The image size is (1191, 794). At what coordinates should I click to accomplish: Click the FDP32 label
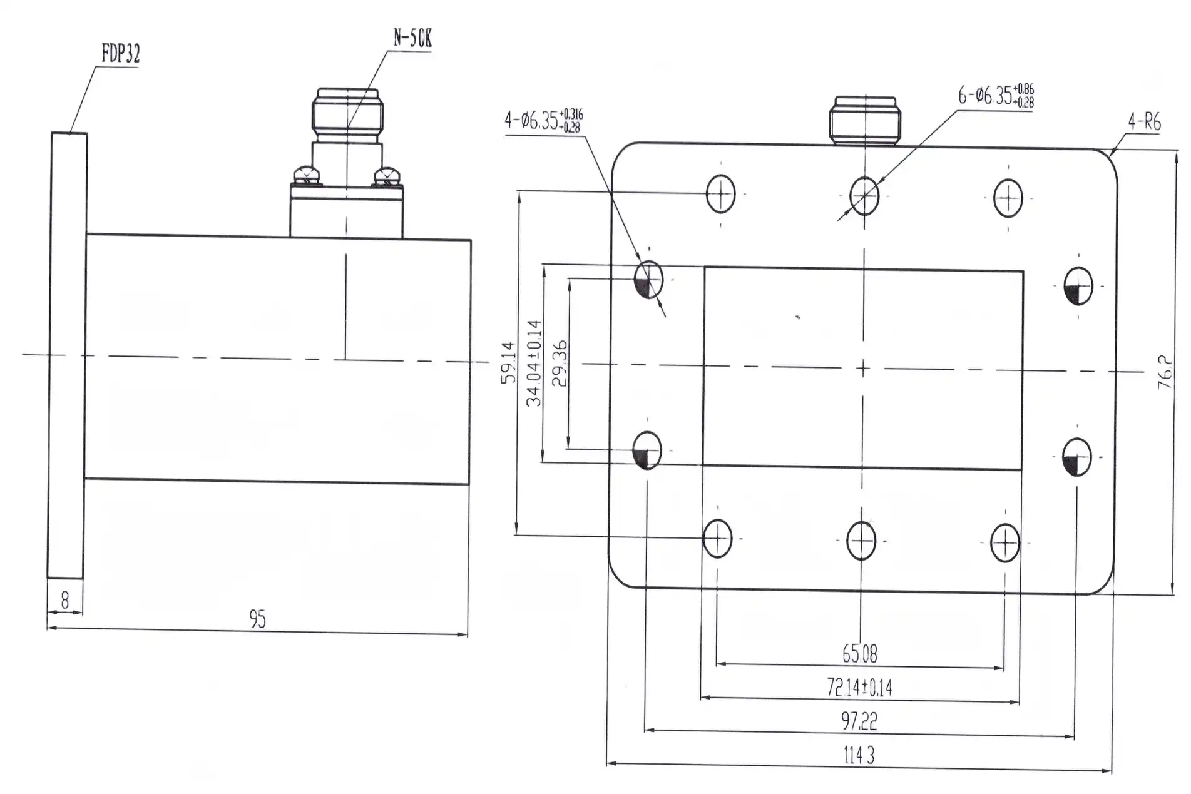tap(120, 54)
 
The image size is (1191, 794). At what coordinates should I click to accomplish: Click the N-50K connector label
tap(412, 39)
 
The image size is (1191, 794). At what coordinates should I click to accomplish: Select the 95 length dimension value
tap(257, 619)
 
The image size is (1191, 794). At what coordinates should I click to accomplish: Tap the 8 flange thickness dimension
tap(65, 601)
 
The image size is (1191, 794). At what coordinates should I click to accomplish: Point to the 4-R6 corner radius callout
tap(1144, 122)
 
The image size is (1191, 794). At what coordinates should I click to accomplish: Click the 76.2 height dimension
tap(1164, 372)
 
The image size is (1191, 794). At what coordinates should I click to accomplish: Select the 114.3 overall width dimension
tap(859, 756)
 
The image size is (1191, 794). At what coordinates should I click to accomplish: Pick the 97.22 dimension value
tap(859, 721)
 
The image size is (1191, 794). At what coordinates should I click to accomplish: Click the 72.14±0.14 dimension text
tap(859, 688)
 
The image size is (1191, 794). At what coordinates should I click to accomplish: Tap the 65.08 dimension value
tap(860, 654)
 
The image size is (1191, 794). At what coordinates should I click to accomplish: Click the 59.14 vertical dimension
tap(508, 362)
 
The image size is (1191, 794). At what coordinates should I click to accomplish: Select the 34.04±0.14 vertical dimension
tap(534, 363)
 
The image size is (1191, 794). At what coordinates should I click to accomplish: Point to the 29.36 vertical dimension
tap(560, 363)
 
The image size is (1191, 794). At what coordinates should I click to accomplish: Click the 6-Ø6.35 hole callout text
tap(995, 96)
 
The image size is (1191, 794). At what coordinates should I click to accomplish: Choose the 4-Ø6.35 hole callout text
tap(543, 120)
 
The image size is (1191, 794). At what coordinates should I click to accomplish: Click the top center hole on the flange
tap(864, 196)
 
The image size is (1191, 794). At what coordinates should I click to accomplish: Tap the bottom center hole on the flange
tap(861, 541)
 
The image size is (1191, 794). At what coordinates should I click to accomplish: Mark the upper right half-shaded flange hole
tap(1078, 286)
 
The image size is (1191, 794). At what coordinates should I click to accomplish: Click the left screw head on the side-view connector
tap(305, 175)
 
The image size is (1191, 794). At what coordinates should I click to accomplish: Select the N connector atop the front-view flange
tap(865, 121)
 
